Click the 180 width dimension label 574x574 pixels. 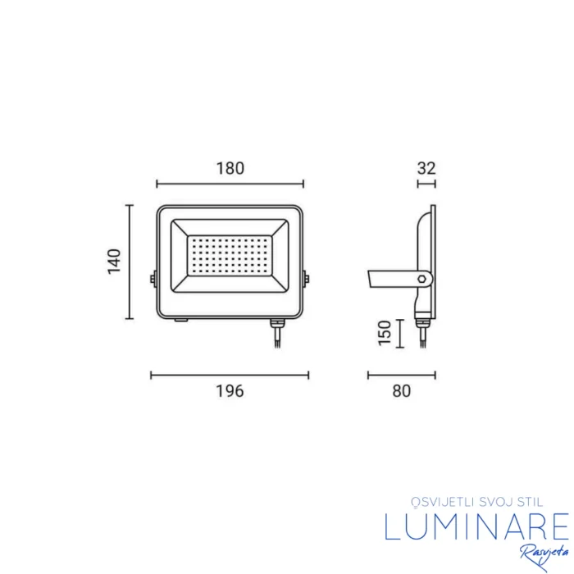coord(230,168)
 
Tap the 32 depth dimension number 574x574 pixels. coord(426,168)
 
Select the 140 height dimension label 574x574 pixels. coord(114,262)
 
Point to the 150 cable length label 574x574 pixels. coord(385,333)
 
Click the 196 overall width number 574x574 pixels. coord(230,391)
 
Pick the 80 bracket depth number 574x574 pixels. coord(402,391)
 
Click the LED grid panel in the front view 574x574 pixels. coord(230,256)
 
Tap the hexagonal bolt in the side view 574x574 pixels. coord(422,279)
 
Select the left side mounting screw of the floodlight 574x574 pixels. coord(153,280)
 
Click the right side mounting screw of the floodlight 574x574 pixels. coord(306,280)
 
